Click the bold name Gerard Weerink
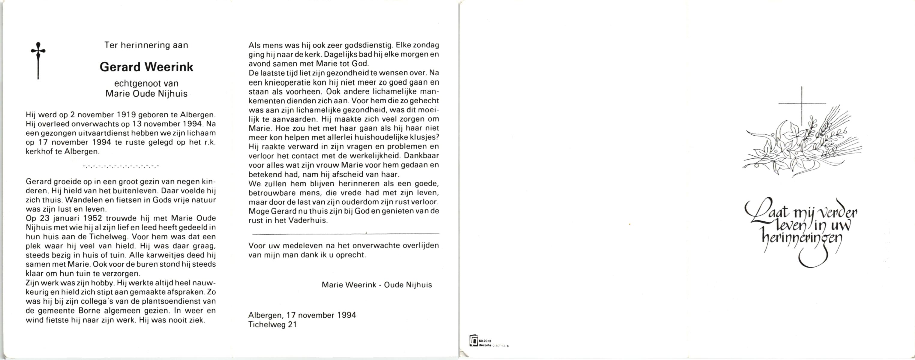click(x=146, y=67)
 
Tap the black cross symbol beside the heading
click(x=38, y=60)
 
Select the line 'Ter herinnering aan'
click(x=146, y=45)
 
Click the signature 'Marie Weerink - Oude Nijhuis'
click(x=376, y=285)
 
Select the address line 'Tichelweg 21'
click(x=272, y=325)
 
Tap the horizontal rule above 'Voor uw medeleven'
click(x=345, y=234)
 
